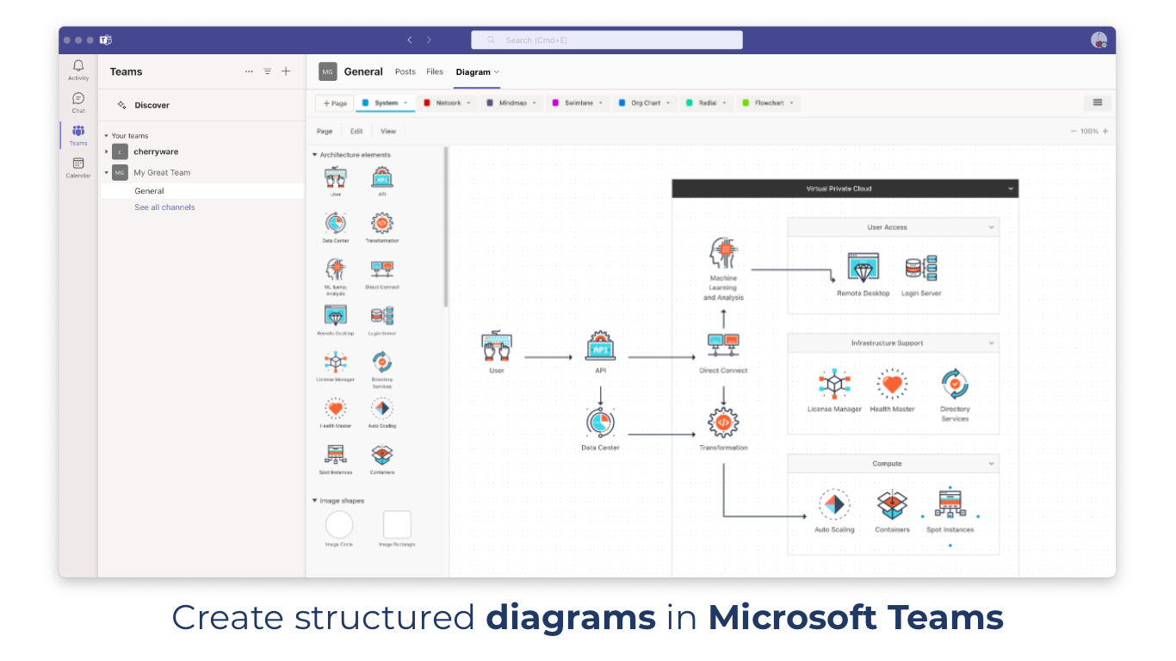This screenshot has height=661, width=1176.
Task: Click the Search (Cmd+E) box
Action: click(606, 40)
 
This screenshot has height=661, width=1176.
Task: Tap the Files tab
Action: click(435, 72)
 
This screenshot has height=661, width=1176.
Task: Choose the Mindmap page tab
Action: click(512, 103)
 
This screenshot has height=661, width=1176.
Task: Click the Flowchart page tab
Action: click(769, 103)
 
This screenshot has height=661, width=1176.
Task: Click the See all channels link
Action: click(164, 207)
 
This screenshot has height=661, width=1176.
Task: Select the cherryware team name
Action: click(156, 151)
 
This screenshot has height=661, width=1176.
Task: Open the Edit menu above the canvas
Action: click(356, 132)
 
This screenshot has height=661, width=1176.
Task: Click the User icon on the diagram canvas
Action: click(497, 346)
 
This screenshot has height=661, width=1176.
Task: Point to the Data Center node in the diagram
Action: click(600, 423)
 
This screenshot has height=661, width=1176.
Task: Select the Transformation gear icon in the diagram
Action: click(723, 423)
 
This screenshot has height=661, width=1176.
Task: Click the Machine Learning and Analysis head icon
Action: click(723, 255)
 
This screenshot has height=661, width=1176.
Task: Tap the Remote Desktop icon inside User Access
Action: click(863, 269)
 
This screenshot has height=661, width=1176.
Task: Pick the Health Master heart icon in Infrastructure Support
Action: click(892, 385)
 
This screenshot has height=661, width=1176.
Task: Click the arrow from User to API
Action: click(548, 357)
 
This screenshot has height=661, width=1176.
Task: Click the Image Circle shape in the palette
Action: click(339, 524)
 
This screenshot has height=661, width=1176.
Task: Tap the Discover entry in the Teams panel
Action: click(152, 105)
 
